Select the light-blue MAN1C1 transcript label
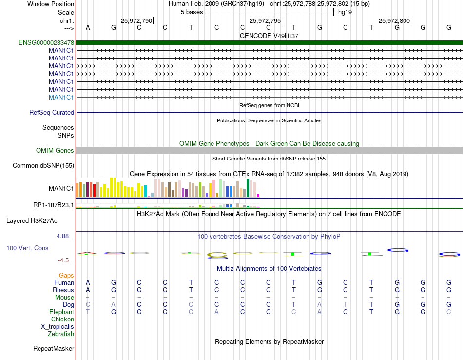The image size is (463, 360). coord(61,97)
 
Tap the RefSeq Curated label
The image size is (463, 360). coord(52,112)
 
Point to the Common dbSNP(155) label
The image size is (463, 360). coord(43,166)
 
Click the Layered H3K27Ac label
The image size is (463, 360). coord(32,220)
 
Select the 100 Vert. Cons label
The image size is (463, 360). coord(27,248)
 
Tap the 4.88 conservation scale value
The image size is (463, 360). coord(65,236)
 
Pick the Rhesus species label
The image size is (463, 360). coord(63,290)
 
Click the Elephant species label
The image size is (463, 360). coord(62,312)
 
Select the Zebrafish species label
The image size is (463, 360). coord(61,334)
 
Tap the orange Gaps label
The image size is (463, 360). coord(66,276)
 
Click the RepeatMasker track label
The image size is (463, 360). coord(54,348)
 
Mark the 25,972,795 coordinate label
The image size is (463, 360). coord(265,20)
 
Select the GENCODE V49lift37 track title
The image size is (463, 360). coord(269,36)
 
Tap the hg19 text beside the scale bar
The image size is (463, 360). coord(345,12)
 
